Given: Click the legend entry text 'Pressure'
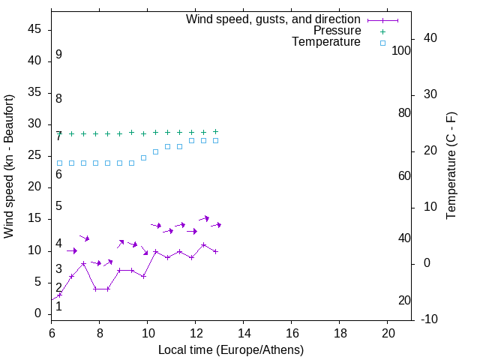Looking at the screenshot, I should click(x=337, y=31).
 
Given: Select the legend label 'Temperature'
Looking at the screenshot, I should click(x=326, y=42).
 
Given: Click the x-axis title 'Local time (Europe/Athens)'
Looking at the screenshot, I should click(x=231, y=349).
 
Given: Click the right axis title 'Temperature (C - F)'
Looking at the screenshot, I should click(x=451, y=166).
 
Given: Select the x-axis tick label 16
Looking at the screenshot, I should click(x=292, y=332).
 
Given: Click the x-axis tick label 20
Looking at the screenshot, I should click(x=388, y=332).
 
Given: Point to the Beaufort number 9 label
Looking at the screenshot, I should click(x=58, y=55).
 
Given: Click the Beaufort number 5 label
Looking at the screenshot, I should click(x=58, y=206).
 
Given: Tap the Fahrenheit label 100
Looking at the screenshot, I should click(x=401, y=50).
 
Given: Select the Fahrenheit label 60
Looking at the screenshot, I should click(x=404, y=175).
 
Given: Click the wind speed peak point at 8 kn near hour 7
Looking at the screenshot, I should click(x=84, y=263).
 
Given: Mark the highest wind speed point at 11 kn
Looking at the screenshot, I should click(x=203, y=244).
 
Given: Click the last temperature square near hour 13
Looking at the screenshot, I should click(x=215, y=140).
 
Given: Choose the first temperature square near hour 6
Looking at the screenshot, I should click(x=60, y=163).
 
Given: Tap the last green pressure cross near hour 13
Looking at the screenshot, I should click(x=215, y=131).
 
